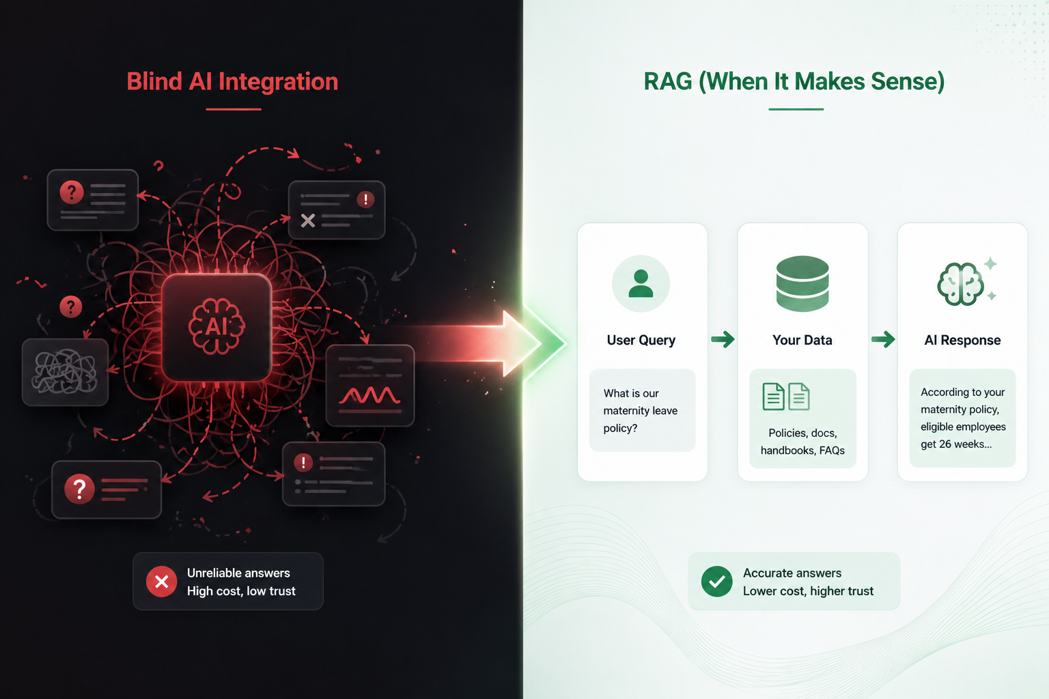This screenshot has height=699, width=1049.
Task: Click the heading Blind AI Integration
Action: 232,81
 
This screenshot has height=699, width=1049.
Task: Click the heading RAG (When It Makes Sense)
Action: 794,81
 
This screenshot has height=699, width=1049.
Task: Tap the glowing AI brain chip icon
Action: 216,327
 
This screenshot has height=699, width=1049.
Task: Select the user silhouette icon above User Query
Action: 641,283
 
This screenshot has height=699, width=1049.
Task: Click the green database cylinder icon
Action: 802,283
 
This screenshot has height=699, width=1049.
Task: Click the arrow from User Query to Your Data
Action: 723,339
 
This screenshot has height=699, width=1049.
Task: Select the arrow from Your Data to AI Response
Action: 883,339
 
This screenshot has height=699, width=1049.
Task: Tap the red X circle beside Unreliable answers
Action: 162,582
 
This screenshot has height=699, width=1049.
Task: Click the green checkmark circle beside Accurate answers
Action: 717,582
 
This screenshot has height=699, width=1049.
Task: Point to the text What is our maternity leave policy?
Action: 640,410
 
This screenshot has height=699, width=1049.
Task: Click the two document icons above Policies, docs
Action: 786,397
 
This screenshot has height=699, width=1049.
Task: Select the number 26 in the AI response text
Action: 945,444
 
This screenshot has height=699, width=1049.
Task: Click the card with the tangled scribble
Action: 66,372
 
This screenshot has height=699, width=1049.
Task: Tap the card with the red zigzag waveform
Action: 370,386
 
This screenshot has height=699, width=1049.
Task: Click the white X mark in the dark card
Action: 308,220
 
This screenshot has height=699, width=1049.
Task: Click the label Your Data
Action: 802,340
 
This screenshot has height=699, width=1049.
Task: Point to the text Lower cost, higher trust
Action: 808,591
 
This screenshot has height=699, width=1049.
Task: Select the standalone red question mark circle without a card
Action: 71,306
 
